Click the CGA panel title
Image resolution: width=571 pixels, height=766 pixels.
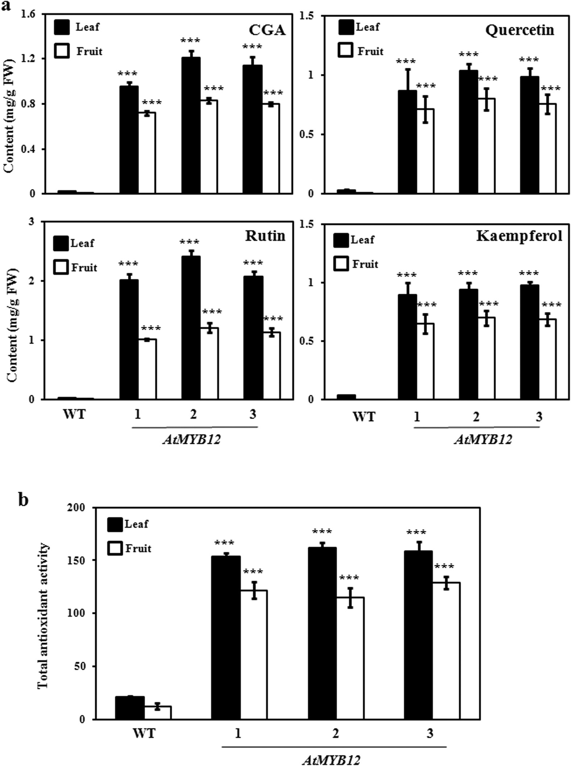267,31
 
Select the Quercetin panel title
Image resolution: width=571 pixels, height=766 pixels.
520,30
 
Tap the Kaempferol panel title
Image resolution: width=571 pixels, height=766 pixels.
519,236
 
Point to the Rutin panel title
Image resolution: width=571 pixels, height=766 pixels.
265,236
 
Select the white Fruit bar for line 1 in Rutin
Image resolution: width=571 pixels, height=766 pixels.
147,369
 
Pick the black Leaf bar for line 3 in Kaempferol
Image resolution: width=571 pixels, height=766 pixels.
529,342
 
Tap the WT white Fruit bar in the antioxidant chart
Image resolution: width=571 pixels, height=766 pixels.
158,712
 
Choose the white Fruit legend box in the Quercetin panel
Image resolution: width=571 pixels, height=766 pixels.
345,51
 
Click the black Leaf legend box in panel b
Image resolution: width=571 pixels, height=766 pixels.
115,524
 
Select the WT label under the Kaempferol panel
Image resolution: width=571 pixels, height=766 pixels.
364,417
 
